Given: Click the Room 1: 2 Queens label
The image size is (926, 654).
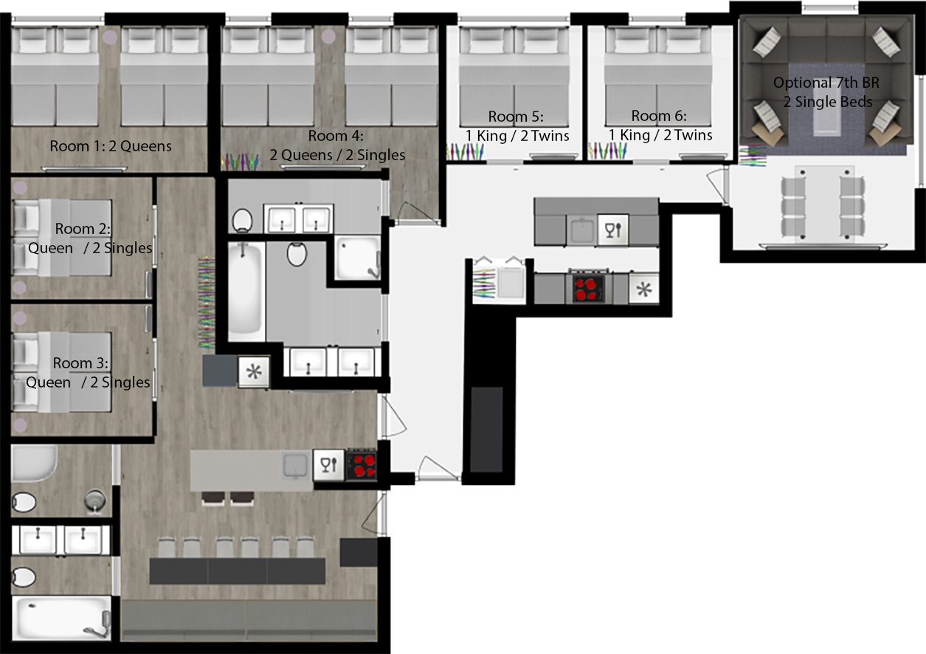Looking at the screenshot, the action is [111, 146].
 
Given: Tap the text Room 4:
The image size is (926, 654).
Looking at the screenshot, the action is [336, 136].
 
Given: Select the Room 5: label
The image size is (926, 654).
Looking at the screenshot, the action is [516, 117].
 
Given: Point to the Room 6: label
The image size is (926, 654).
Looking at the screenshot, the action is [659, 116].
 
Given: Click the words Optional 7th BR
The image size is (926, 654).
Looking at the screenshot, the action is [826, 83].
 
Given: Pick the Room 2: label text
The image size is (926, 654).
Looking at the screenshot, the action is [83, 229].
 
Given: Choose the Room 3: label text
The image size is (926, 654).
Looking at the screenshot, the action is [80, 362].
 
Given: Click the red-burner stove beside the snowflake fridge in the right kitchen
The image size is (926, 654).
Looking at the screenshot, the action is [587, 289].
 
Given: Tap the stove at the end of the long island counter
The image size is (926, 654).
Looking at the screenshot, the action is [362, 465].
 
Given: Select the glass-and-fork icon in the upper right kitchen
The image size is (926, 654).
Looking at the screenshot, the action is [613, 230].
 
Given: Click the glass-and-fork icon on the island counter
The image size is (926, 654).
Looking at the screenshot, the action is [328, 464].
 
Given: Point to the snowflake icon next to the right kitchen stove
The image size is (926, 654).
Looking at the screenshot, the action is [643, 289].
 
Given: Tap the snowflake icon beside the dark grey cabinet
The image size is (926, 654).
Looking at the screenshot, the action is [254, 372].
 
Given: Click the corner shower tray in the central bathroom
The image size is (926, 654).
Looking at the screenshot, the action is [358, 258].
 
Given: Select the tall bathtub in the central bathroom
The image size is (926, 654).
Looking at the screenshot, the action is [246, 292].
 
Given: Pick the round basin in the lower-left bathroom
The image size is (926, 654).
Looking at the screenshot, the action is [95, 500].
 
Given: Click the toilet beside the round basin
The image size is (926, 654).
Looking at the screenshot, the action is [24, 502].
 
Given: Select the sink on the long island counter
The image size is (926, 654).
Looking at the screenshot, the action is [295, 465].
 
